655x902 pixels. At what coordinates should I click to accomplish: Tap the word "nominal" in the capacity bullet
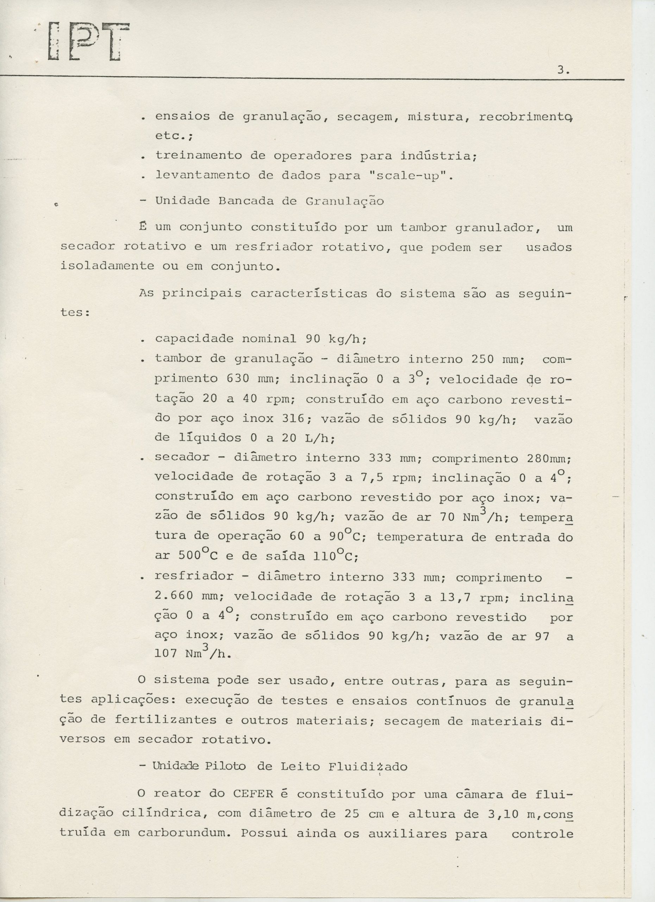(269, 339)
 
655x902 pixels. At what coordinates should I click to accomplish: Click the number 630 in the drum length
(238, 379)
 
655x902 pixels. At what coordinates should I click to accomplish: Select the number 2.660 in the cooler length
(174, 596)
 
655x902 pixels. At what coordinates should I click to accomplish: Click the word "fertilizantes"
(160, 720)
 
